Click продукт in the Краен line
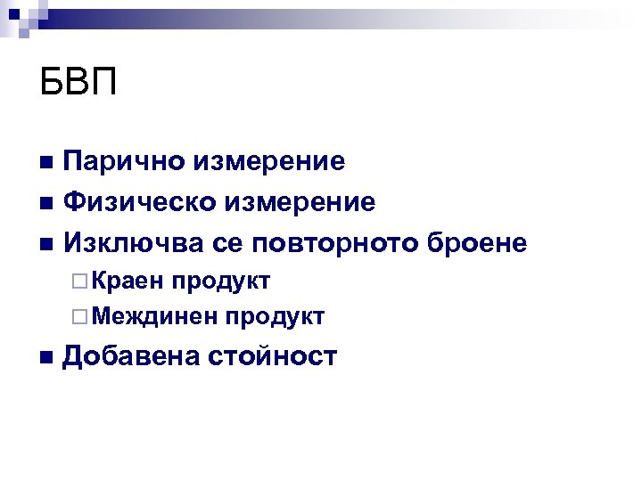(x=222, y=281)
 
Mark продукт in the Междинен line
(x=275, y=316)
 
